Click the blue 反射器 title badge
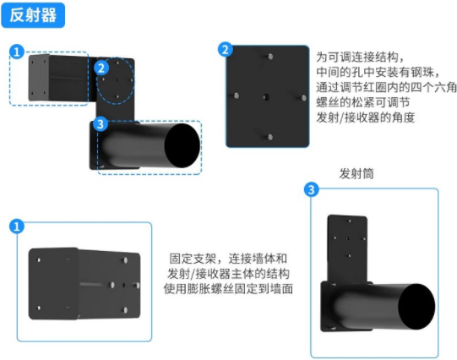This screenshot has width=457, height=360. [x=33, y=15]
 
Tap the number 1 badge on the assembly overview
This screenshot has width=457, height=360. [x=17, y=52]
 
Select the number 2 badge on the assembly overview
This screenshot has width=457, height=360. [x=101, y=68]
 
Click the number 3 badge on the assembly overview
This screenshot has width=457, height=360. [x=101, y=124]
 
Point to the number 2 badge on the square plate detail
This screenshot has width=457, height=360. [x=226, y=50]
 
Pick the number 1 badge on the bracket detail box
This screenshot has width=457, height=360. [x=17, y=226]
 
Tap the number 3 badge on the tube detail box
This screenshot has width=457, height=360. [x=312, y=190]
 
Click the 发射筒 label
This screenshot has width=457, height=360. [x=356, y=174]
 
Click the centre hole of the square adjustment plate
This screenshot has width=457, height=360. [x=266, y=97]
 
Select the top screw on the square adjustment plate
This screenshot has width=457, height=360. [x=270, y=57]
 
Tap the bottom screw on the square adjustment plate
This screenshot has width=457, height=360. [x=270, y=137]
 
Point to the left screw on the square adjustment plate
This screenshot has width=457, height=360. [x=237, y=95]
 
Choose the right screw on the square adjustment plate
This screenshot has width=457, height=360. [x=304, y=98]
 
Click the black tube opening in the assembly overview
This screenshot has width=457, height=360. [x=182, y=145]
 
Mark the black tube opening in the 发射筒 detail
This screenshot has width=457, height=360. [x=416, y=307]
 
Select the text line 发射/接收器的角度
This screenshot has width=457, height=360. [x=366, y=117]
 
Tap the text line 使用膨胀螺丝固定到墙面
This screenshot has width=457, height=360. [x=228, y=289]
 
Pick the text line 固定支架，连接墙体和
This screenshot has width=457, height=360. [x=228, y=259]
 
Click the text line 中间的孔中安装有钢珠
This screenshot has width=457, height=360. [x=378, y=72]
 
